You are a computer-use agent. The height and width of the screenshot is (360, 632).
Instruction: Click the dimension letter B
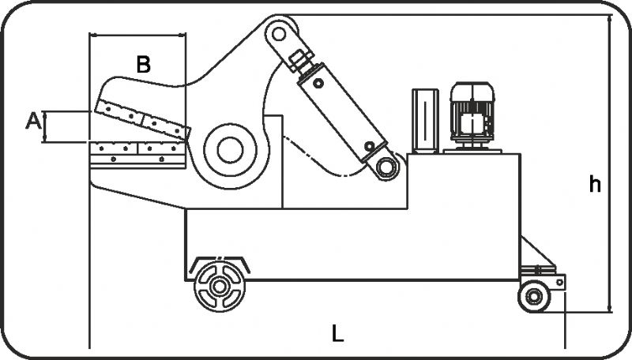click(143, 65)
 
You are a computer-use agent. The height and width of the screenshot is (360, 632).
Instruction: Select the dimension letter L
click(337, 334)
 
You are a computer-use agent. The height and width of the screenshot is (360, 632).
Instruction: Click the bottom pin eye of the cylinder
click(386, 167)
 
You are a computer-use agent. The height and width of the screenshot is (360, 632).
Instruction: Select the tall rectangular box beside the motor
click(424, 119)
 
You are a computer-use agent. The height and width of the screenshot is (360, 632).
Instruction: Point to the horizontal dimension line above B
click(138, 36)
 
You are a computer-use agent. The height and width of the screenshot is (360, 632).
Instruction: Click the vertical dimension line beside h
click(610, 158)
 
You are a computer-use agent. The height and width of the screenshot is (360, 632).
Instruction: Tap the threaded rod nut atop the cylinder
click(299, 60)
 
